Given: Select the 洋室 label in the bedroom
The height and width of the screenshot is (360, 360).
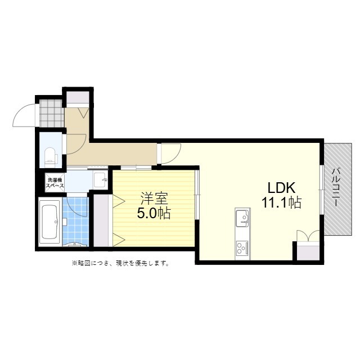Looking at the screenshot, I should [x=154, y=199].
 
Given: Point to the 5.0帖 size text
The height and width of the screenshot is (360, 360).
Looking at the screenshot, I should [x=154, y=213].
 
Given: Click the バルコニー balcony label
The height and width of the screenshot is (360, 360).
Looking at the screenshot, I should [x=336, y=188].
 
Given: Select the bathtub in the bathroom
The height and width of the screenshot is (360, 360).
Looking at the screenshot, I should [x=49, y=222].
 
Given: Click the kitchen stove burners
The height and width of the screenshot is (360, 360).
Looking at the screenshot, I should [x=243, y=247].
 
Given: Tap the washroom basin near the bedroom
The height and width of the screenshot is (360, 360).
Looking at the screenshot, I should [x=101, y=180].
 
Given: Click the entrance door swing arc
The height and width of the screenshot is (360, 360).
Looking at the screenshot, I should [x=24, y=116].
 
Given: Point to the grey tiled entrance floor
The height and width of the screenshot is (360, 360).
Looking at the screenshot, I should [x=51, y=113].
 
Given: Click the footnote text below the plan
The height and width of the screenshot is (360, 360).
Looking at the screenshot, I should [x=120, y=263].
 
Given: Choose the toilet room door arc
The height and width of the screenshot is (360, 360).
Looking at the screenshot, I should [x=76, y=143].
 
